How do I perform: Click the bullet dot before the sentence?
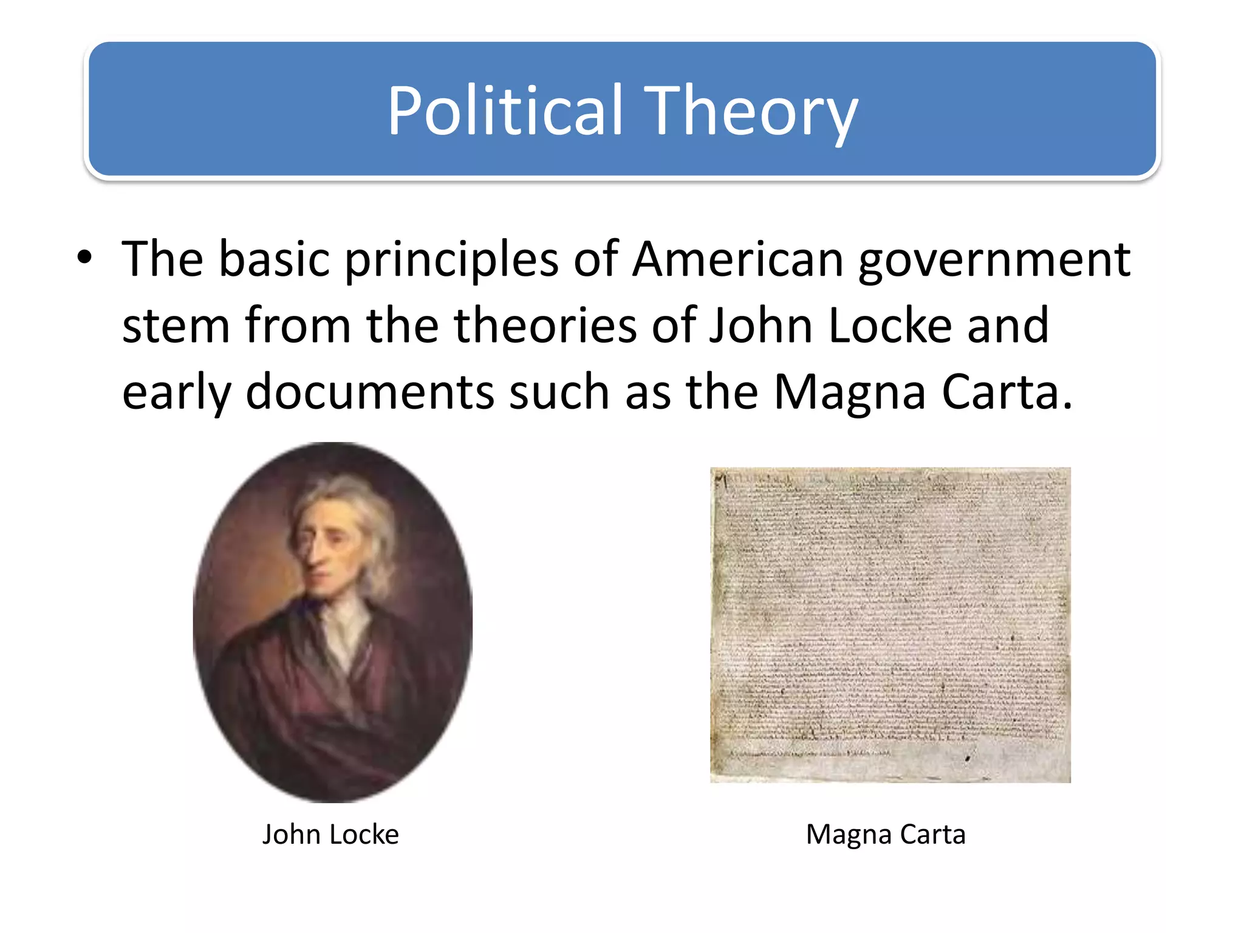[x=84, y=258]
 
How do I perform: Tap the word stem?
[x=176, y=326]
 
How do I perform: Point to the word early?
[x=177, y=393]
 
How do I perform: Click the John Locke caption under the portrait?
[x=330, y=835]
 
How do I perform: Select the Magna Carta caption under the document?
[x=886, y=835]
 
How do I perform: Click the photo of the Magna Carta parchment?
[x=890, y=624]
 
